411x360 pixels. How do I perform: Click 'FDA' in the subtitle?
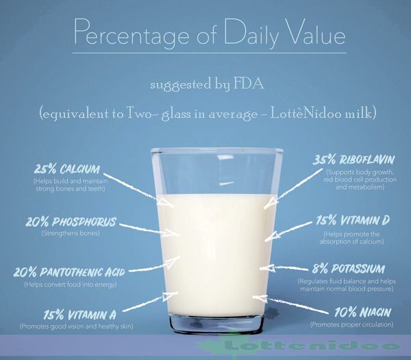246,85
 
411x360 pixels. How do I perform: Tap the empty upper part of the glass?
216,168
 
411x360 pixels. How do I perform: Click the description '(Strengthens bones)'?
70,234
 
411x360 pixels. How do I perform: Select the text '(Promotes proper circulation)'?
351,324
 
